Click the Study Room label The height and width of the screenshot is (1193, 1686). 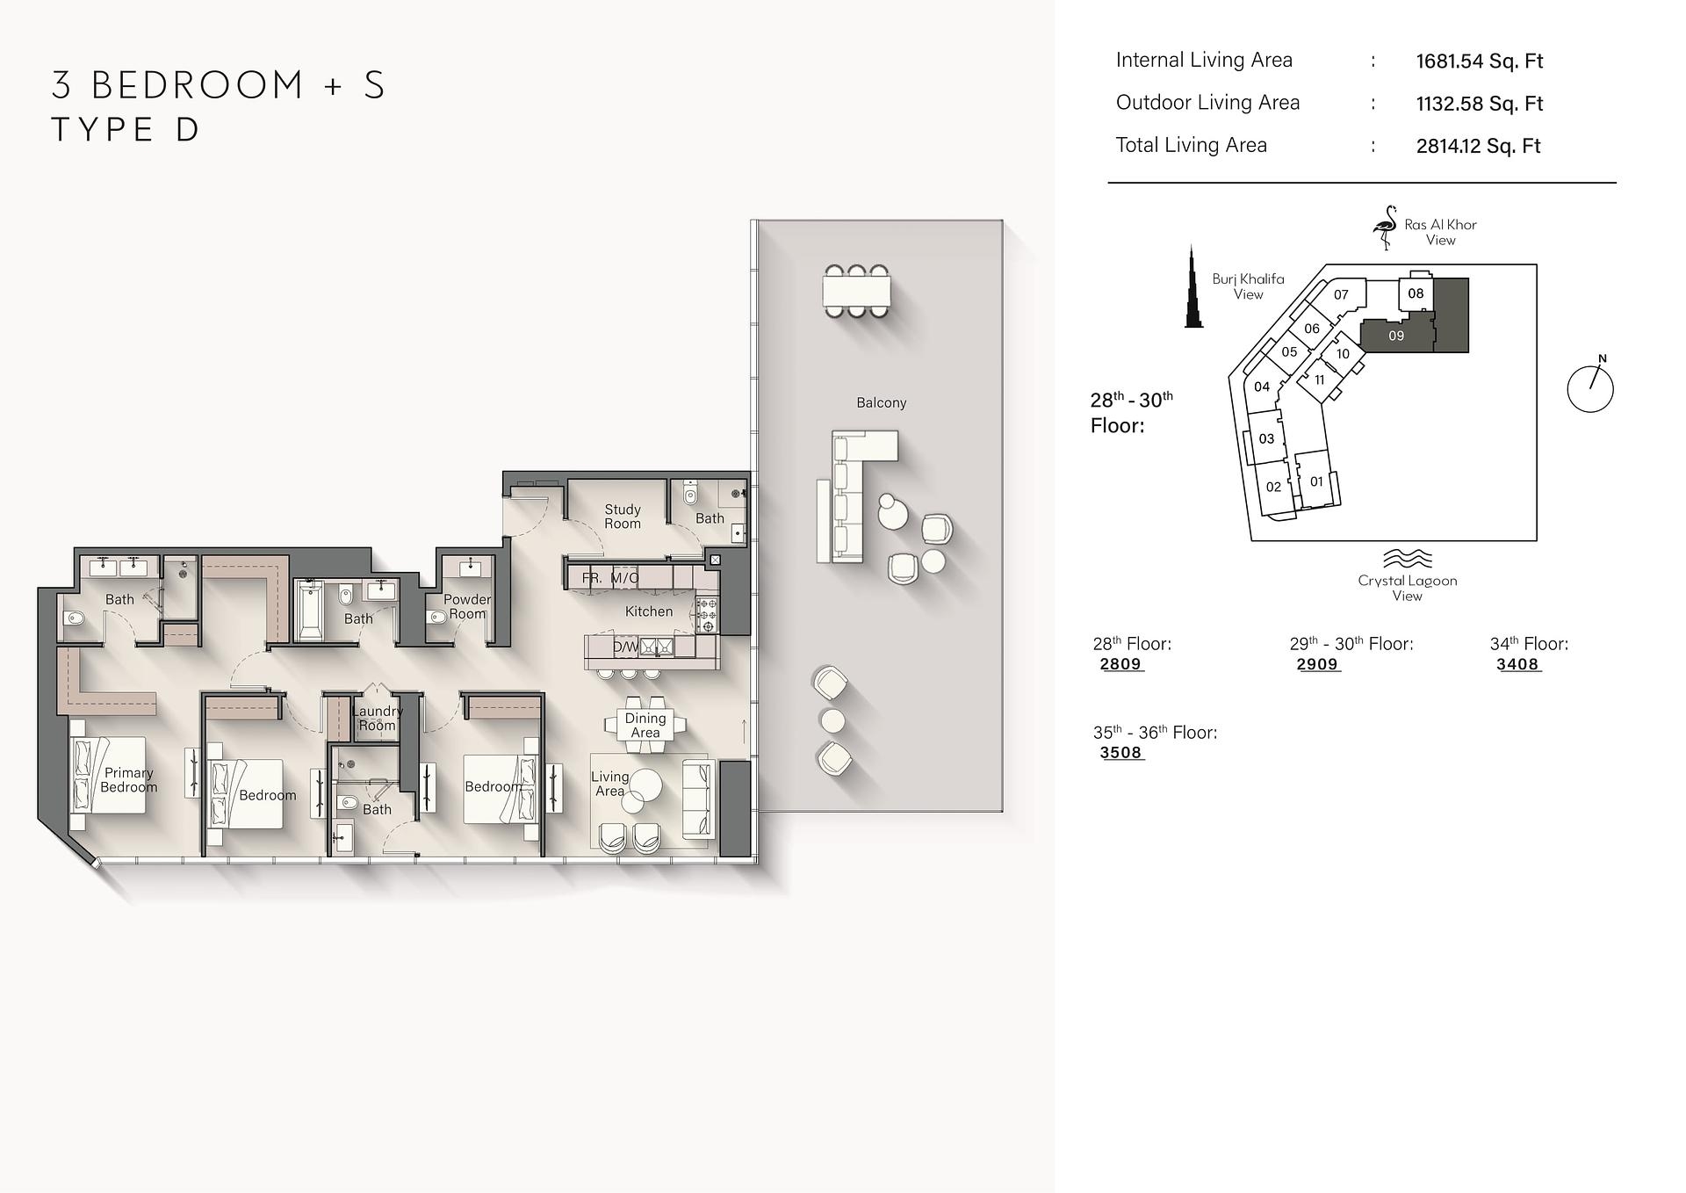(622, 517)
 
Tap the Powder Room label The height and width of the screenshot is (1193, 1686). (466, 606)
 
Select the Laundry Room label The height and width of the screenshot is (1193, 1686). (377, 718)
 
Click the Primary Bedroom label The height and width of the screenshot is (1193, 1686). (128, 779)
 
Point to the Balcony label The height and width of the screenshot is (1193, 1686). (881, 402)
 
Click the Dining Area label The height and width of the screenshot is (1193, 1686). (645, 725)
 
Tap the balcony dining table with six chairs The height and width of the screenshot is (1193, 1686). (856, 291)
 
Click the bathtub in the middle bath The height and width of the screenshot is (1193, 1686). (309, 610)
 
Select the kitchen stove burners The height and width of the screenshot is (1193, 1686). (707, 615)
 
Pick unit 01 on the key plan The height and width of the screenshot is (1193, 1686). (1315, 481)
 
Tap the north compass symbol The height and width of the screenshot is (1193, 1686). (1590, 387)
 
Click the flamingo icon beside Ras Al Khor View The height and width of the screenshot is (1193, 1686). (1386, 228)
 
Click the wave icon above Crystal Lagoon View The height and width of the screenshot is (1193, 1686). (1407, 559)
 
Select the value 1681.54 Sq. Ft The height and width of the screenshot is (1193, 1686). (1479, 61)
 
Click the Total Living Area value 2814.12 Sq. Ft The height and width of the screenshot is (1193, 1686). (1478, 146)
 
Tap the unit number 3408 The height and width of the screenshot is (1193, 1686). (1517, 664)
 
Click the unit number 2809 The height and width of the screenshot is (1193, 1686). (1120, 664)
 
